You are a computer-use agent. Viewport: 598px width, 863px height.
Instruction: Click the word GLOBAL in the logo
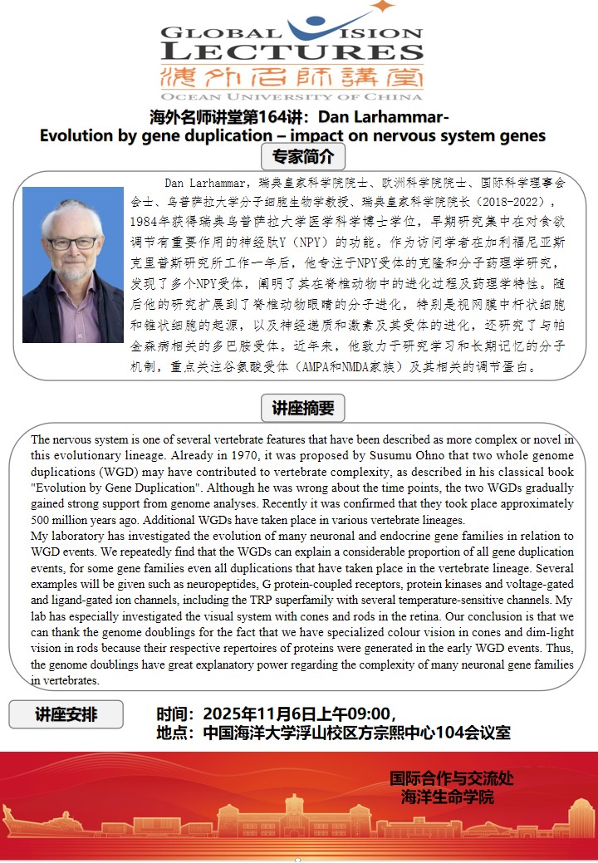coord(215,34)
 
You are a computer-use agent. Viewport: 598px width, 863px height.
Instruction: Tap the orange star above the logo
coord(383,7)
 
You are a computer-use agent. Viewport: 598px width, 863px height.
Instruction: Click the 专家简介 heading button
coord(303,156)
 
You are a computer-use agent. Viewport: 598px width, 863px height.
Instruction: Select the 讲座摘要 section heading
coord(303,408)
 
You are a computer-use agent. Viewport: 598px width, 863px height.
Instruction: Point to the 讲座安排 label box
coord(66,714)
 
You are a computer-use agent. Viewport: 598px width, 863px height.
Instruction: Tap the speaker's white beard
coord(74,270)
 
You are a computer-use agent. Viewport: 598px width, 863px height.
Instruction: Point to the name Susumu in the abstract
coord(383,456)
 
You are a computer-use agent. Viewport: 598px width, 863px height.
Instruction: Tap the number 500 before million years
coord(42,520)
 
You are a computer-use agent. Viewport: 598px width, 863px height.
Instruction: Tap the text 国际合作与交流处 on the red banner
coord(451,779)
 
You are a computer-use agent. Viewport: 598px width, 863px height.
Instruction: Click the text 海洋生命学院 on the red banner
coord(448,797)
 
